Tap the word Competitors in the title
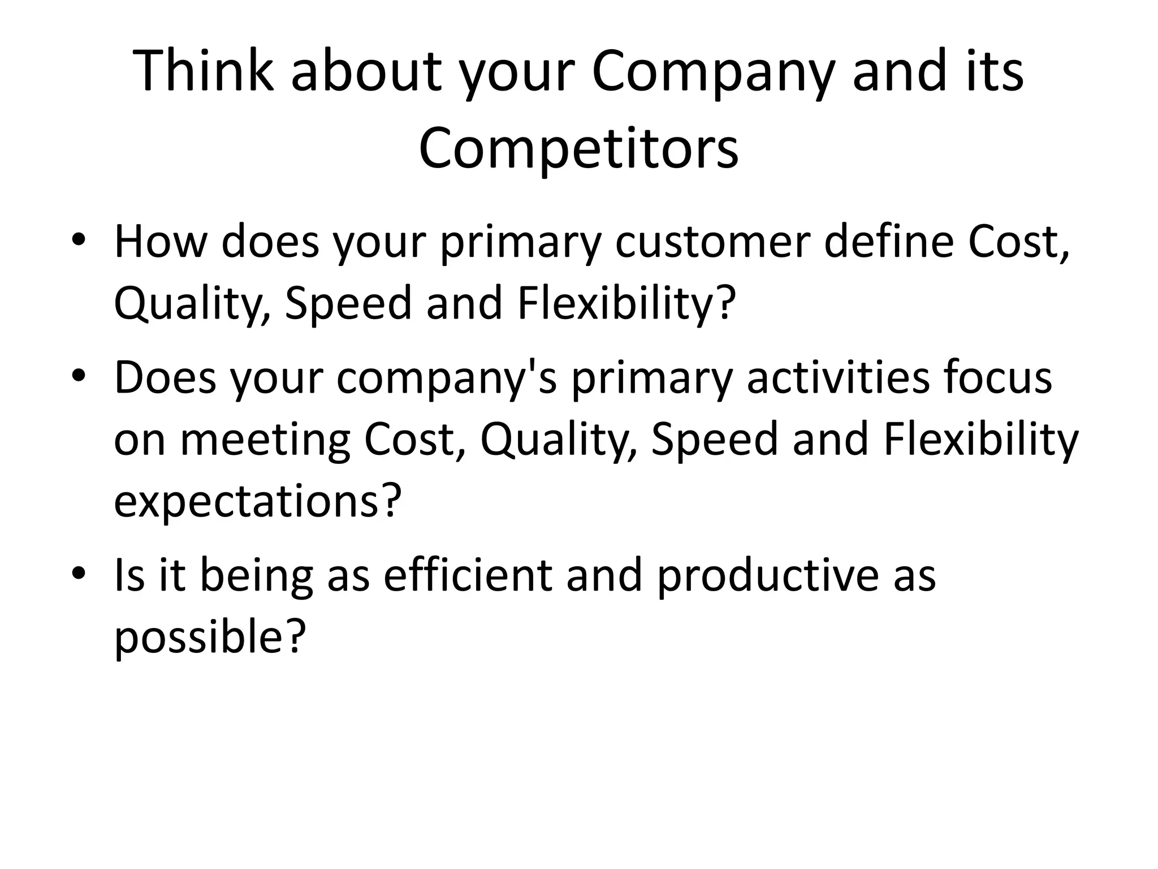click(578, 149)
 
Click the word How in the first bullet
click(161, 243)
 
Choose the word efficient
click(467, 576)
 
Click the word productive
click(767, 576)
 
